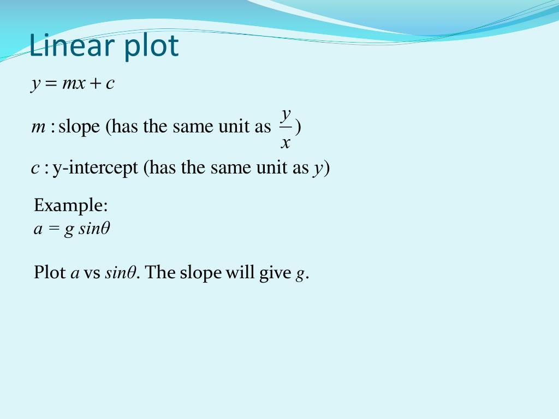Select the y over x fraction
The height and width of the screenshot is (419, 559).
click(286, 128)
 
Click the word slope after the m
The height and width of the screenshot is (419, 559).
click(79, 127)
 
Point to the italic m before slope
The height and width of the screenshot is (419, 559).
click(38, 128)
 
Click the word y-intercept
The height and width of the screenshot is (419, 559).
click(96, 168)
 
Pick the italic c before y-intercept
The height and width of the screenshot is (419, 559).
click(35, 169)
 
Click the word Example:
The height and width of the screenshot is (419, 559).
click(71, 206)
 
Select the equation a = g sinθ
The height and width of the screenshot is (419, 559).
click(72, 229)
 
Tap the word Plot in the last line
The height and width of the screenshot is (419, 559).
click(50, 272)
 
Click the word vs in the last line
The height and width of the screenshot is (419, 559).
click(92, 273)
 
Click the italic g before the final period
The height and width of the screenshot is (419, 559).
click(299, 274)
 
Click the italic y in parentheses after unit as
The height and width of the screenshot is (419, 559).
click(318, 169)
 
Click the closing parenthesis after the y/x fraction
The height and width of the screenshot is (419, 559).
click(299, 128)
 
